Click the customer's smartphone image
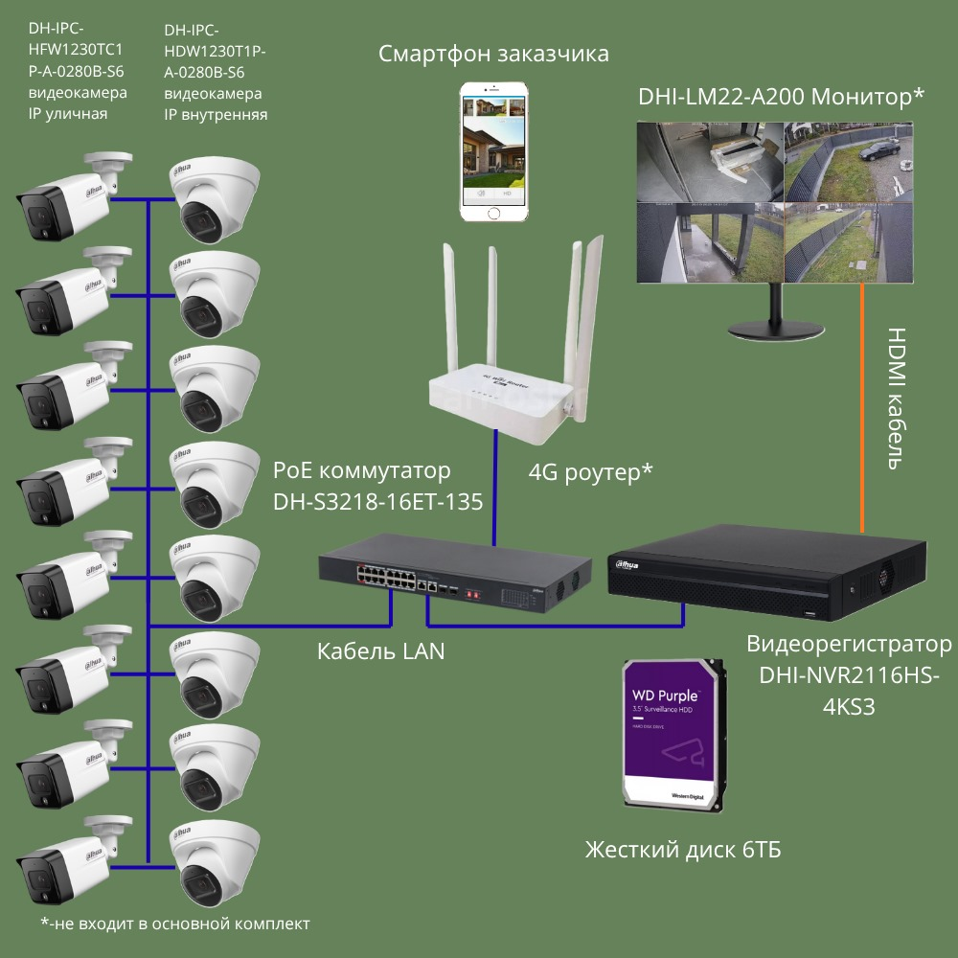(x=493, y=152)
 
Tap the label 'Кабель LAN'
(x=380, y=652)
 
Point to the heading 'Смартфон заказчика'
(x=493, y=53)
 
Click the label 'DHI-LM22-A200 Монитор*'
(x=781, y=97)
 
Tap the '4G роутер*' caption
(x=590, y=471)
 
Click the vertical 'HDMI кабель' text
(x=896, y=399)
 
